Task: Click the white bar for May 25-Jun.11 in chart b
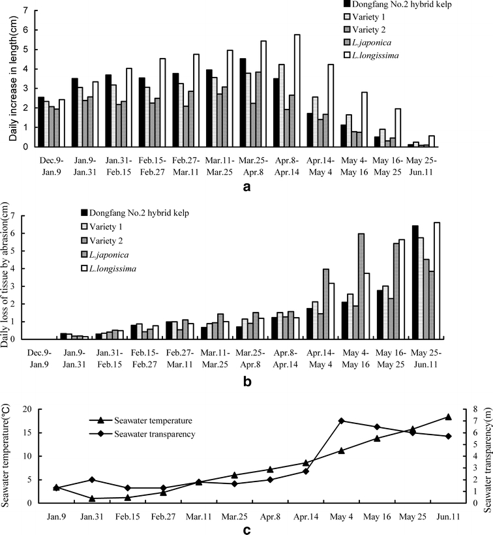click(x=436, y=281)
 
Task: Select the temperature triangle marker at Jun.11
click(x=448, y=416)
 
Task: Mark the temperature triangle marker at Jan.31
click(x=93, y=498)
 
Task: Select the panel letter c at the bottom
click(x=246, y=528)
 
